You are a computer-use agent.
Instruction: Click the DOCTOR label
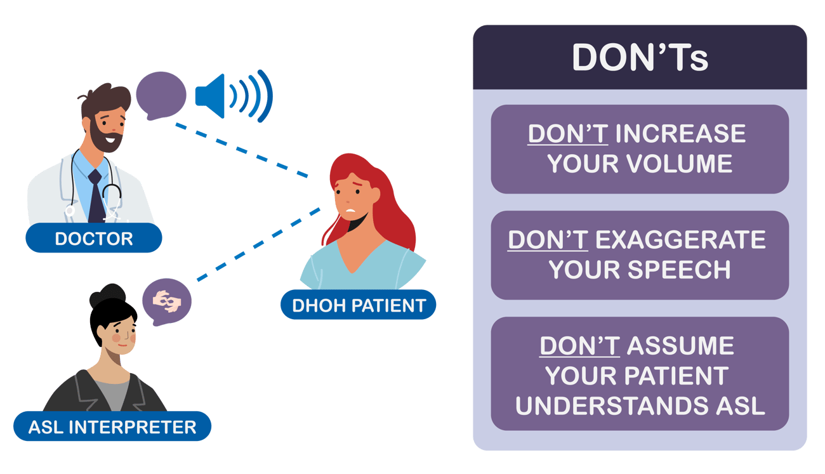click(94, 239)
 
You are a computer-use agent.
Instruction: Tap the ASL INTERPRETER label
click(112, 426)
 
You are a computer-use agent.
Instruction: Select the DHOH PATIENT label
click(359, 305)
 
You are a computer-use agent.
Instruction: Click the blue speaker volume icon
click(233, 96)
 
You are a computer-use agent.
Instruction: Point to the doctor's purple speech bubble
click(161, 95)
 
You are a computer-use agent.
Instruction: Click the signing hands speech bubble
click(166, 300)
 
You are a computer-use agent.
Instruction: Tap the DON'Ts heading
click(640, 58)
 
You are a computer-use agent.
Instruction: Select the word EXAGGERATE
click(680, 240)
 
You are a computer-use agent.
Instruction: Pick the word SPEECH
click(682, 270)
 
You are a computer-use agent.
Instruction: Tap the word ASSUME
click(680, 346)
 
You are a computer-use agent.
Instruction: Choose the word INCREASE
click(680, 134)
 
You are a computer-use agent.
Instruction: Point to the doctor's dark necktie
click(95, 197)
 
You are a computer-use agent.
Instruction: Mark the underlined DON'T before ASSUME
click(579, 346)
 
